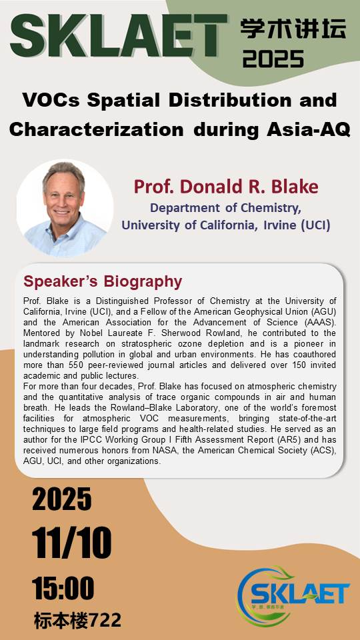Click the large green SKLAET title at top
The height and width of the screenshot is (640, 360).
click(119, 35)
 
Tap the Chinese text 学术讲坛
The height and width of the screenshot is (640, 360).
click(293, 29)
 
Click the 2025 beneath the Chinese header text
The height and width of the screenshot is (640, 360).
click(273, 58)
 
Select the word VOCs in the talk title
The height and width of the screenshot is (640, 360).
click(51, 101)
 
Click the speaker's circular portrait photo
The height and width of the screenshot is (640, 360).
click(65, 208)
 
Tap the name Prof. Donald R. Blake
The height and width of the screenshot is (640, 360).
click(226, 187)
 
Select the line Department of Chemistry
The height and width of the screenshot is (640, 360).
click(226, 208)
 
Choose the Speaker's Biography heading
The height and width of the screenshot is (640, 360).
click(103, 281)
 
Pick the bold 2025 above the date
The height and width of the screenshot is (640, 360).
click(62, 499)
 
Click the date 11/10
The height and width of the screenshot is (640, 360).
click(72, 543)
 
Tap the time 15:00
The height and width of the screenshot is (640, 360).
click(63, 588)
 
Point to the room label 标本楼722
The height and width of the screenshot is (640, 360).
click(77, 621)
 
